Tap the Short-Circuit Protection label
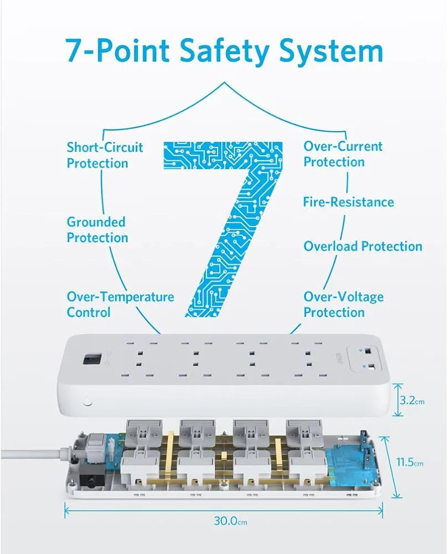click(x=105, y=155)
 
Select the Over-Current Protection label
click(x=342, y=154)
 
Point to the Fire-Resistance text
click(x=348, y=202)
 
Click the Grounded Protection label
click(x=97, y=230)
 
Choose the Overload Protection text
click(x=363, y=246)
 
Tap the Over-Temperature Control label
click(x=120, y=304)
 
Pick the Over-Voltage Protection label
click(x=343, y=304)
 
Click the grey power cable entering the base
click(x=33, y=454)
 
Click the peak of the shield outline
click(x=224, y=84)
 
